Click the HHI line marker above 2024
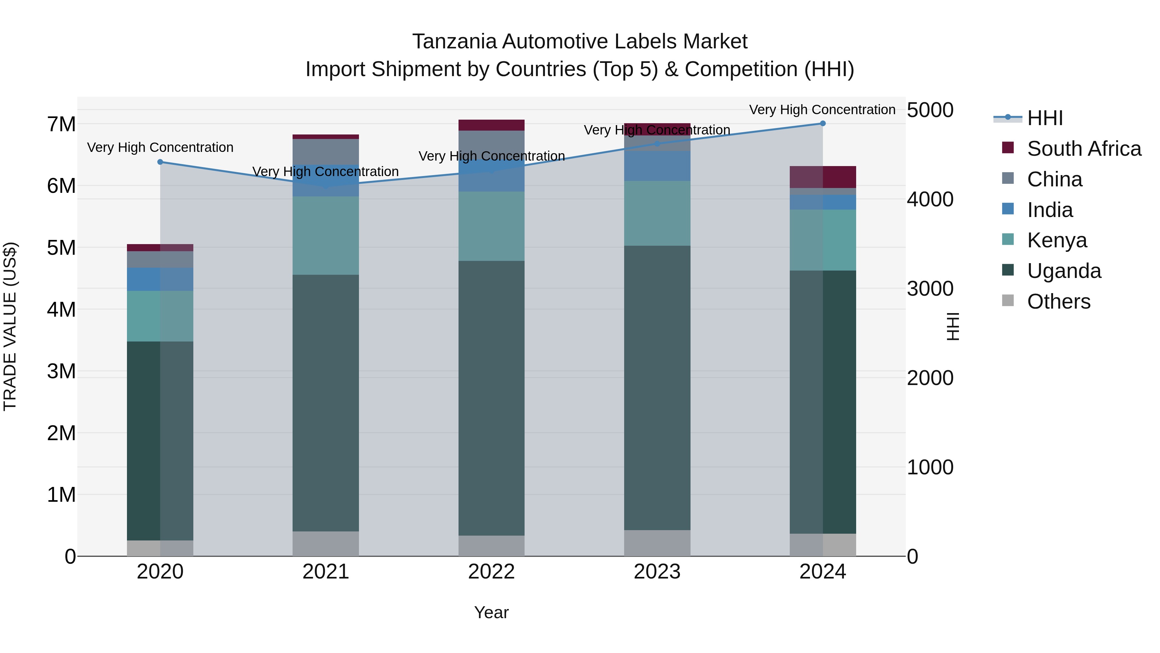point(823,124)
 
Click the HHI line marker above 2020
point(160,162)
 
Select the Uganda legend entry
point(1063,271)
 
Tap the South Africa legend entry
point(1083,149)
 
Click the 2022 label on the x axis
point(491,572)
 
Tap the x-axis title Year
point(491,612)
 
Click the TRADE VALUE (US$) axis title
point(10,326)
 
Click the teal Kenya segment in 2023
point(657,213)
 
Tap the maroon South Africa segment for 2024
point(823,177)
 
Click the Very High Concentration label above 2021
point(325,172)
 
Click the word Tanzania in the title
point(454,42)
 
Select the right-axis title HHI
point(953,326)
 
